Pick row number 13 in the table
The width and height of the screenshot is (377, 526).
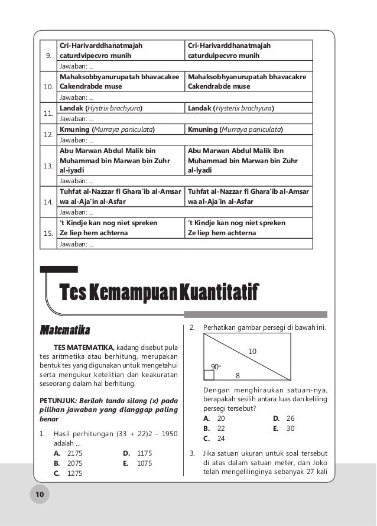[48, 166]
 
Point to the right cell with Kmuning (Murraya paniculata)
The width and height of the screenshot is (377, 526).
[235, 129]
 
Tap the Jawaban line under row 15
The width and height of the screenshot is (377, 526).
[76, 245]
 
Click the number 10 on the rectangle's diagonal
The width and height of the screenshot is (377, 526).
[252, 352]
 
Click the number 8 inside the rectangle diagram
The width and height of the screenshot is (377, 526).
[238, 375]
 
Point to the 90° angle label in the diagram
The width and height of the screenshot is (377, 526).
[216, 366]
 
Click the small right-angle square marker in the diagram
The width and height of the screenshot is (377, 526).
[209, 375]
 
